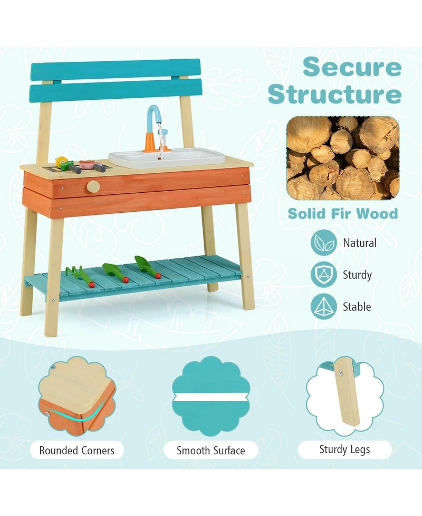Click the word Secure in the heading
click(352, 68)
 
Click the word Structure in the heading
click(334, 94)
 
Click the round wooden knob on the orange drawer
click(93, 186)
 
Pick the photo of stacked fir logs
click(342, 158)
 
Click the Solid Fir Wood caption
click(342, 213)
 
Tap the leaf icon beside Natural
click(323, 243)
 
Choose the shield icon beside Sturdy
click(323, 275)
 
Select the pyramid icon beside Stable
click(323, 306)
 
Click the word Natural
click(360, 243)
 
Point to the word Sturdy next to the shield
click(357, 275)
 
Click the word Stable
click(357, 306)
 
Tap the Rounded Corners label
click(77, 451)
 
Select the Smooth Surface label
click(210, 451)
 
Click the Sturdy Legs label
click(344, 449)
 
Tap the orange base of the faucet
click(150, 143)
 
